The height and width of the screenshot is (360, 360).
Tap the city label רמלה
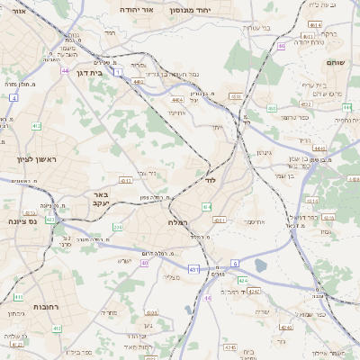click(176, 221)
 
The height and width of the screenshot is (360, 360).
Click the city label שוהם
click(332, 62)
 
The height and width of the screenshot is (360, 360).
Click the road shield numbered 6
click(234, 263)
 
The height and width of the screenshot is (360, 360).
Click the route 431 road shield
click(193, 269)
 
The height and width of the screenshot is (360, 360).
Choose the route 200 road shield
click(117, 228)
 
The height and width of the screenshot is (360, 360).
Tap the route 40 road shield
click(143, 264)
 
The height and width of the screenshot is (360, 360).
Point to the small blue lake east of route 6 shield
click(261, 265)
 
